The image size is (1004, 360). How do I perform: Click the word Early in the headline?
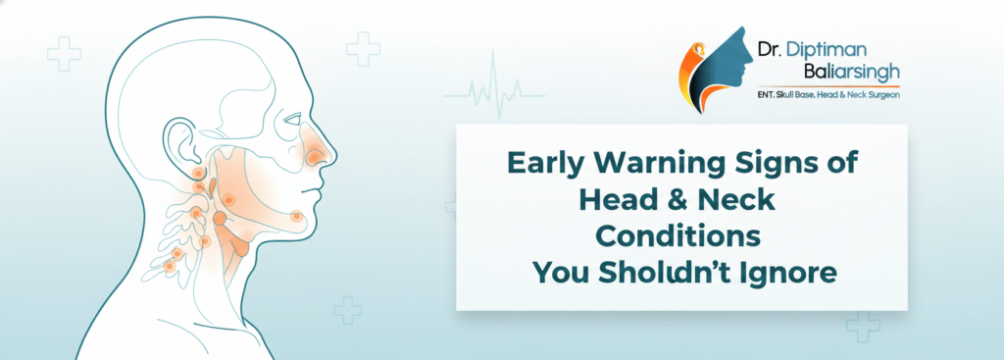[545, 165]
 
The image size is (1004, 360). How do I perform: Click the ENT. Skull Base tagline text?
[789, 95]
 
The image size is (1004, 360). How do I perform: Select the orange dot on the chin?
[296, 217]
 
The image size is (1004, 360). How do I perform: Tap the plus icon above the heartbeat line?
[363, 49]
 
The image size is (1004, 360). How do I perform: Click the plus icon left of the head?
[64, 54]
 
